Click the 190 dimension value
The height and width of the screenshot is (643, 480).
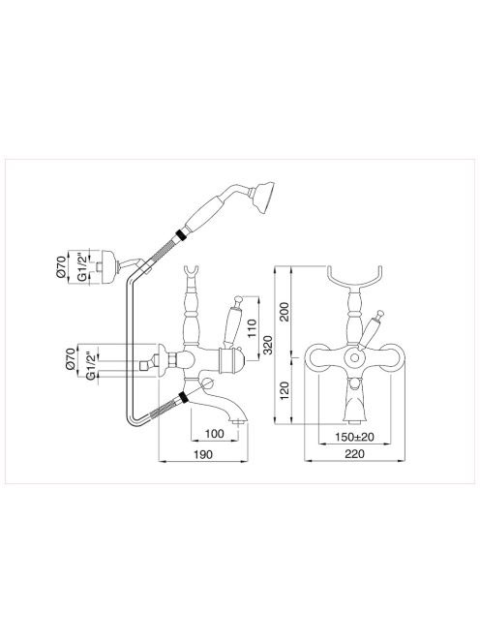point(203,454)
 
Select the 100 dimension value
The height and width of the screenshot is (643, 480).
point(215,434)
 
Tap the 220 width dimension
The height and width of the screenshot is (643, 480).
point(354,454)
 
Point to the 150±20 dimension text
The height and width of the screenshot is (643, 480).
point(354,437)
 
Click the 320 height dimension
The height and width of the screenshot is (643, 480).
point(267,345)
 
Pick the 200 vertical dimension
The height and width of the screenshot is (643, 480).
point(285,312)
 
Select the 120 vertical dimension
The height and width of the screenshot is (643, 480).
point(285,391)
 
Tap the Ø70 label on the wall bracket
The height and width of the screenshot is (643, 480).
point(61,266)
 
